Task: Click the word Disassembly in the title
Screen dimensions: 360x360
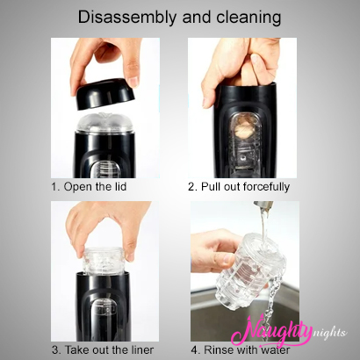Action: pos(127,18)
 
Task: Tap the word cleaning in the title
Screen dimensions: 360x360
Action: pos(248,18)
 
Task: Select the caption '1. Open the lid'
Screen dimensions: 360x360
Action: pos(89,186)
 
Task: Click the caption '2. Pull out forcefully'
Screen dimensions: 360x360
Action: pos(239,186)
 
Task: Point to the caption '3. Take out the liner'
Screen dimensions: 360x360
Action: pos(103,349)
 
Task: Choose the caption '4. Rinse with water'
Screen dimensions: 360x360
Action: pos(241,349)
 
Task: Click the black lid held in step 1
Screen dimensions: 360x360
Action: pos(106,94)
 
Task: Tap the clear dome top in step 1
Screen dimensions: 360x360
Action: pos(104,123)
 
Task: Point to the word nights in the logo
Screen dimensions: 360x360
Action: pos(328,333)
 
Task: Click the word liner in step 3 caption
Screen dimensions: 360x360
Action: pos(141,349)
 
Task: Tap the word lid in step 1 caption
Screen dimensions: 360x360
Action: pos(119,186)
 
